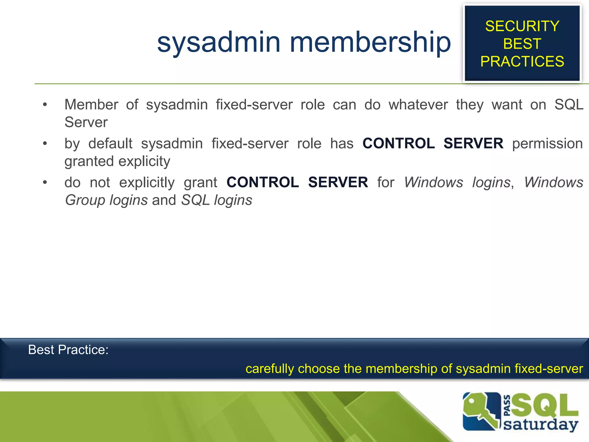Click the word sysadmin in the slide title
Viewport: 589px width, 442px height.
[219, 43]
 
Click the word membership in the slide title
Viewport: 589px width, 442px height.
[370, 43]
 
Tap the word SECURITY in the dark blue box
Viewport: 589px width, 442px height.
[522, 26]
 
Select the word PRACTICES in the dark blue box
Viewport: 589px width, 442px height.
[522, 61]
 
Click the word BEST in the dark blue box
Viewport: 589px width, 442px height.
[522, 44]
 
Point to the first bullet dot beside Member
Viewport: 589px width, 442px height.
[45, 105]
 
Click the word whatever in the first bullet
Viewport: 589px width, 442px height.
[418, 104]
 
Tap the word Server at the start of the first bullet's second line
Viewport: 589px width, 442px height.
[86, 122]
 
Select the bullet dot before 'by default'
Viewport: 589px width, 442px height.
[45, 144]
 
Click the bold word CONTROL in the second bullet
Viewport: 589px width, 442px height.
[399, 143]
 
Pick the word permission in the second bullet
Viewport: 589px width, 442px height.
[547, 143]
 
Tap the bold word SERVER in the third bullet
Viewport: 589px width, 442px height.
[338, 182]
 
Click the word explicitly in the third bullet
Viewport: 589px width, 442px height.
[147, 182]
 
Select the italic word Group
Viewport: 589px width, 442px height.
[85, 200]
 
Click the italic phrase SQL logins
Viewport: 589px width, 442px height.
[217, 200]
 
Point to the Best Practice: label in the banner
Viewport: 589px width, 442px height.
[68, 350]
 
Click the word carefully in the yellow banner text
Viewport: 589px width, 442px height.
[269, 369]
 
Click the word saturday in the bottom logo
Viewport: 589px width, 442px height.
[540, 425]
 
